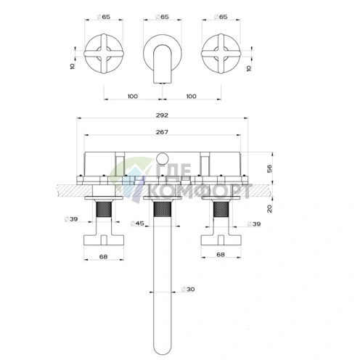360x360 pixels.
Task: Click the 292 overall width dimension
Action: [162, 115]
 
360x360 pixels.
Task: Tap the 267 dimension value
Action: [162, 132]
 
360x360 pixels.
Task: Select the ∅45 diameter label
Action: [137, 223]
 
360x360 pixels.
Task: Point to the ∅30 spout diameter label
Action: [188, 289]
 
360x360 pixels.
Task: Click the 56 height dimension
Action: [269, 168]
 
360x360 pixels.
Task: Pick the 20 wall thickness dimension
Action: [269, 208]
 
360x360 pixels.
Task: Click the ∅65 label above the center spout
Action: [162, 17]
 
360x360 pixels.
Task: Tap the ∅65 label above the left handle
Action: [104, 17]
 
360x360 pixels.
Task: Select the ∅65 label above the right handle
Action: [221, 17]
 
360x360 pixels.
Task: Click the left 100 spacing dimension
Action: [133, 97]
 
